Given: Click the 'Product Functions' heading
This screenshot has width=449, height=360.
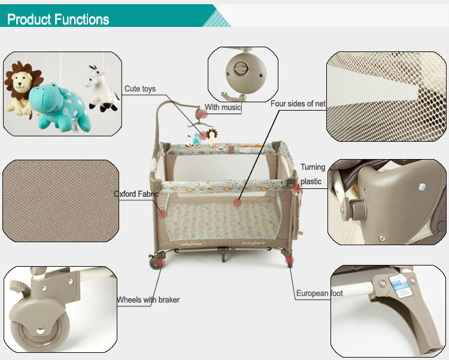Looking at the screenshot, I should (58, 19).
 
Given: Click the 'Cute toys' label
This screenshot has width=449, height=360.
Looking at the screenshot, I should (140, 89).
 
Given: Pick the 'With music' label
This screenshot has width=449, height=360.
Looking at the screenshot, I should (223, 108).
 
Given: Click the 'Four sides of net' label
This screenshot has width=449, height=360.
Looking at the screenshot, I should (298, 103).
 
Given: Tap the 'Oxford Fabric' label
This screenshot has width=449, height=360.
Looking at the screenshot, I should (136, 194).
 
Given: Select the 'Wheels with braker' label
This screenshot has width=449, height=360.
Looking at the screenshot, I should (148, 300).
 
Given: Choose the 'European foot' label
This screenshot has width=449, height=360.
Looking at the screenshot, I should (320, 294).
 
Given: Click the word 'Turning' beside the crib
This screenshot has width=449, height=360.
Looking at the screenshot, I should (313, 167).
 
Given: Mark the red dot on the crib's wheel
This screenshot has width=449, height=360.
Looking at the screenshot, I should (161, 262).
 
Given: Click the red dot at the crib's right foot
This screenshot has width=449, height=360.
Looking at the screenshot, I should (290, 261).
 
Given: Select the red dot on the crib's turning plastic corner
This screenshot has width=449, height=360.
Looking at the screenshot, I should (296, 188).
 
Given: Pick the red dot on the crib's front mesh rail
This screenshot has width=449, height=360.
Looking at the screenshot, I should (238, 203).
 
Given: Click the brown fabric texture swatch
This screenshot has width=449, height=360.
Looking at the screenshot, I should (60, 200).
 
